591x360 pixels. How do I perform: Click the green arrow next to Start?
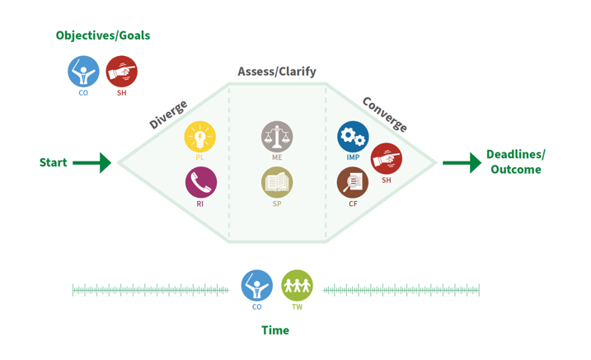(91, 163)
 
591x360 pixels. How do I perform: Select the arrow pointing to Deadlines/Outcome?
(462, 163)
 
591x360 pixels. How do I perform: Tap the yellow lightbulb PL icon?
(200, 137)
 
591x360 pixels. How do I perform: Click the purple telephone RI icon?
(200, 182)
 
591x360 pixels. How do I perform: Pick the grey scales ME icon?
(277, 137)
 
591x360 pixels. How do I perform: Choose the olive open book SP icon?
(277, 182)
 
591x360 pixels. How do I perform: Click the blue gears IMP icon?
(353, 137)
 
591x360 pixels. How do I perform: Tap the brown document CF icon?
(353, 182)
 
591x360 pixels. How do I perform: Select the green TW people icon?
(297, 286)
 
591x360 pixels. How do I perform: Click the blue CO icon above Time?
(256, 286)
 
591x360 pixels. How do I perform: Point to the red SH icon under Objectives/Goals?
(122, 72)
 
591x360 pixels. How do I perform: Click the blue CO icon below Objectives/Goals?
(83, 72)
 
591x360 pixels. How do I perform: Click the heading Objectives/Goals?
(103, 35)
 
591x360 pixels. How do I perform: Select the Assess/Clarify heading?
(277, 72)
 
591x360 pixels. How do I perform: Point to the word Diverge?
(168, 115)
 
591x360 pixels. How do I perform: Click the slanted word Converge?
(385, 115)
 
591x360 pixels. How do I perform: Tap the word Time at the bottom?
(275, 330)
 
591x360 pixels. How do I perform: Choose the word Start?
(54, 163)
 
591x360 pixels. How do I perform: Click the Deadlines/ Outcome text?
(516, 162)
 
